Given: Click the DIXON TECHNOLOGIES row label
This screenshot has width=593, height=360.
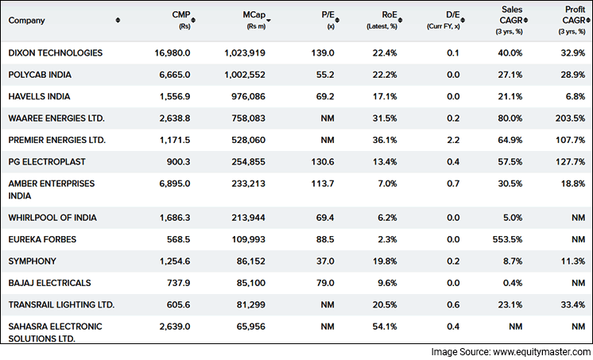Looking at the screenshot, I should coord(56,52).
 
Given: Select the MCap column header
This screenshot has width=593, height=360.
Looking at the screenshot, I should coord(255,16).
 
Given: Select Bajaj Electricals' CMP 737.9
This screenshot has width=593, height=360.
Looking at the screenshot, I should coord(176,282).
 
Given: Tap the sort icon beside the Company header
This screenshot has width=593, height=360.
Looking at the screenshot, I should coord(118,20).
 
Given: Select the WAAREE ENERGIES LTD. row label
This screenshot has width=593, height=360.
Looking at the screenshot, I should coord(56,118).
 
